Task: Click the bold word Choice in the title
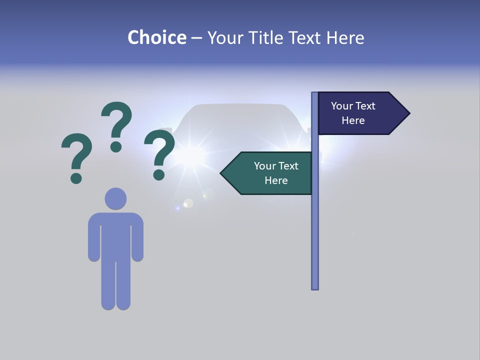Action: pos(156,37)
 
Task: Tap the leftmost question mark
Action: pos(76,157)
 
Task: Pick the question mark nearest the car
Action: pos(159,154)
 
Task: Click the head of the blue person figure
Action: pos(115,198)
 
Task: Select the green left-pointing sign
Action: pos(270,173)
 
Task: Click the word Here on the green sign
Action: pos(276,180)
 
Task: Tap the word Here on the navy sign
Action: pos(353,120)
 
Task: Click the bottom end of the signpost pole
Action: pos(314,286)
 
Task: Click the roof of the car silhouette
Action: pos(239,106)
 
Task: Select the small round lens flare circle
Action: pos(188,203)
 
